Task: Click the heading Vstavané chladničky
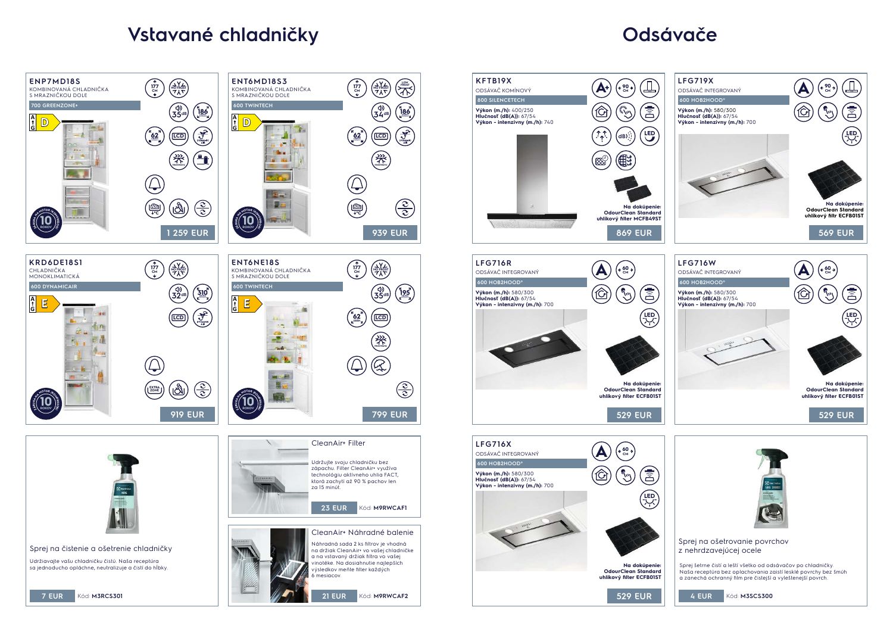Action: click(223, 35)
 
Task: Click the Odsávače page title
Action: click(669, 35)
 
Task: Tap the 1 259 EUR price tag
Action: click(188, 233)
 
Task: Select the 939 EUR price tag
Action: click(390, 233)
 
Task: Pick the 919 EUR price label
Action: click(188, 415)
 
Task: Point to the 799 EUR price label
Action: click(390, 415)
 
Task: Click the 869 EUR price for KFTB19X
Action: click(634, 233)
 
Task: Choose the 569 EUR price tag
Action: click(836, 233)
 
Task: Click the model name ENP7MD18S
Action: click(55, 81)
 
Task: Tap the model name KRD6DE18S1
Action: click(56, 262)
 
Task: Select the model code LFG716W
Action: click(697, 263)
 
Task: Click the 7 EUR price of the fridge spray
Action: click(52, 596)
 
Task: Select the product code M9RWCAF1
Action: click(390, 508)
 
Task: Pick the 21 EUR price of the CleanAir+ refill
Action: click(334, 596)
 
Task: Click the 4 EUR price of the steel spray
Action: click(701, 596)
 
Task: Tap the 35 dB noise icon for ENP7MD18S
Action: click(179, 112)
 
